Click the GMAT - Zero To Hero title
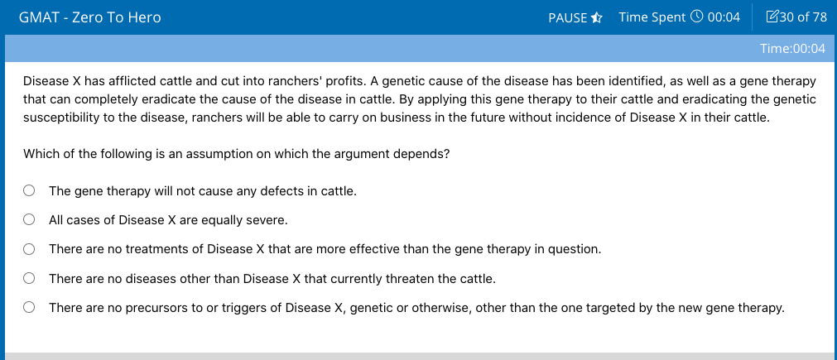point(89,17)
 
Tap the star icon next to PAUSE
point(597,17)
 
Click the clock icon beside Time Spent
point(696,17)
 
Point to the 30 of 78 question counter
point(803,17)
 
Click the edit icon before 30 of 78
point(772,17)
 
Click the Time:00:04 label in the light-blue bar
point(792,49)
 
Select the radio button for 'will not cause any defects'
point(29,190)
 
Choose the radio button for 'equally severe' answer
point(29,220)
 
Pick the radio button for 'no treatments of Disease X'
point(29,249)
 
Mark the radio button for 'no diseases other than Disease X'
point(29,278)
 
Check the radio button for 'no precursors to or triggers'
point(29,307)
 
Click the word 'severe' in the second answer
point(271,220)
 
